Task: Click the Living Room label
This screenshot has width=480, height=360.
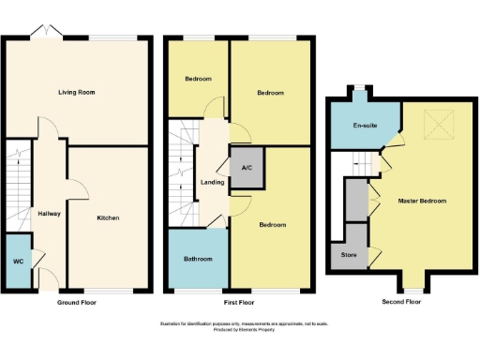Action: pos(77,93)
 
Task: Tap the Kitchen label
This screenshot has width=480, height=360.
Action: pos(108,218)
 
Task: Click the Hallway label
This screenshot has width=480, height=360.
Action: pos(49,214)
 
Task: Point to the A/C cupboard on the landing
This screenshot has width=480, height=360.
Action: pos(247,168)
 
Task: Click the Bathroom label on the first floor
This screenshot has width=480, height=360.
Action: pos(198,259)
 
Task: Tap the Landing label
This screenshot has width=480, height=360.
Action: pos(213,182)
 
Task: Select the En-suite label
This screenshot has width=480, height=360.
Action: pos(364,126)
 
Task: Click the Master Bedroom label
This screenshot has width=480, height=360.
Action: pos(421,202)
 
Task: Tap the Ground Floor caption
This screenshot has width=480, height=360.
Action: pos(77,304)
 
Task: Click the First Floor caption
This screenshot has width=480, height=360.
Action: pos(240,304)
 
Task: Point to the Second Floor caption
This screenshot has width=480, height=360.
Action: pos(401,303)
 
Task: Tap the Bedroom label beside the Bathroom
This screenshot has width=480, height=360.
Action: pos(272,225)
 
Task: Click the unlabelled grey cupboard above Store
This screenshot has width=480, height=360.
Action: pos(355,198)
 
